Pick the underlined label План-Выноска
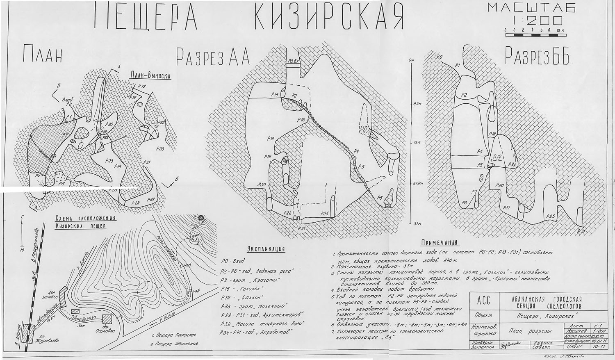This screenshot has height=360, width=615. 150,75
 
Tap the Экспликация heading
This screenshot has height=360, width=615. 266,249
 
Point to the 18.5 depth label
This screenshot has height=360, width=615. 417,143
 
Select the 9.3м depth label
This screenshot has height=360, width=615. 417,104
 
